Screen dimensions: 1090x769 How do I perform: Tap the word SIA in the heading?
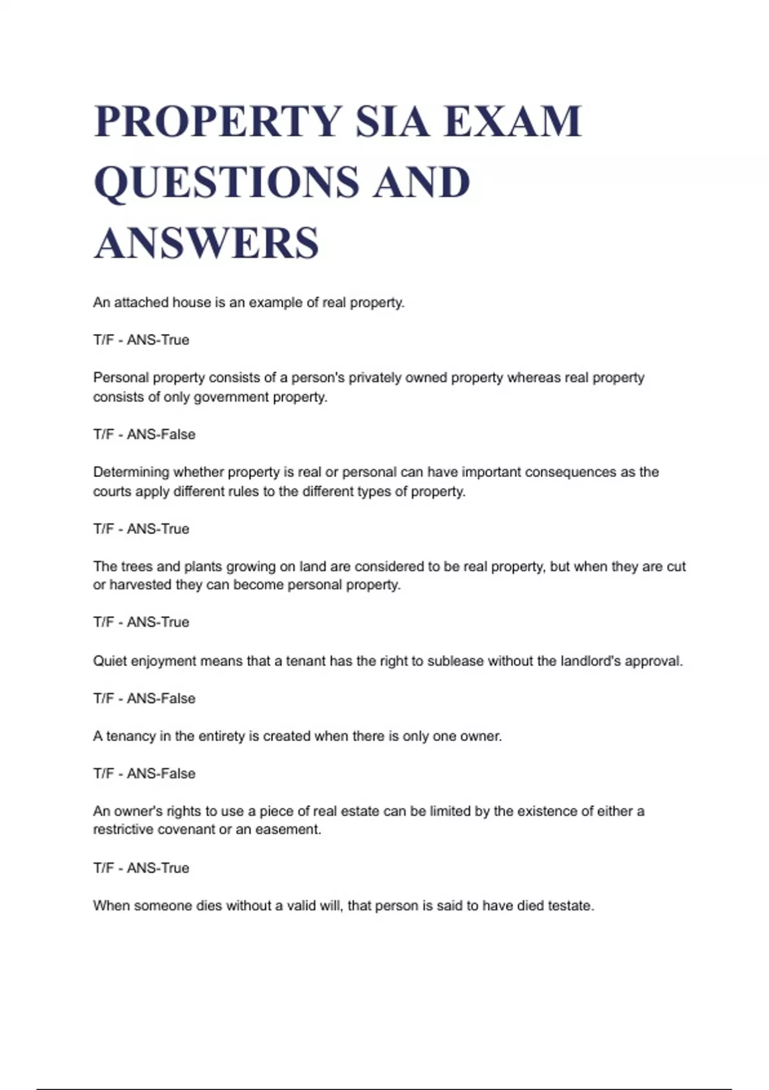[392, 121]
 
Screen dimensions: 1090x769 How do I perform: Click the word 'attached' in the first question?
[141, 303]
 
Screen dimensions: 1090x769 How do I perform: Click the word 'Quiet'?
[110, 661]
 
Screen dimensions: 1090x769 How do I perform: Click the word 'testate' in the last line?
[570, 906]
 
